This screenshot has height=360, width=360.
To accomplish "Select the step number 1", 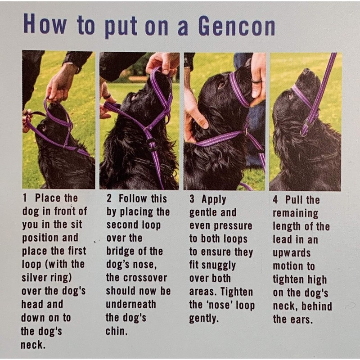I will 25,198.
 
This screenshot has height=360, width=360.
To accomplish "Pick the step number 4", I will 276,199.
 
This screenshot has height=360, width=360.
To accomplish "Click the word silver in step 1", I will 38,278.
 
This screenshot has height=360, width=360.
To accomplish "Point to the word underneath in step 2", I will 131,304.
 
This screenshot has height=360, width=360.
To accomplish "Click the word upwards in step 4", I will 291,253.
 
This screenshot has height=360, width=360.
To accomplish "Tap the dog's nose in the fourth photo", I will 306,72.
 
